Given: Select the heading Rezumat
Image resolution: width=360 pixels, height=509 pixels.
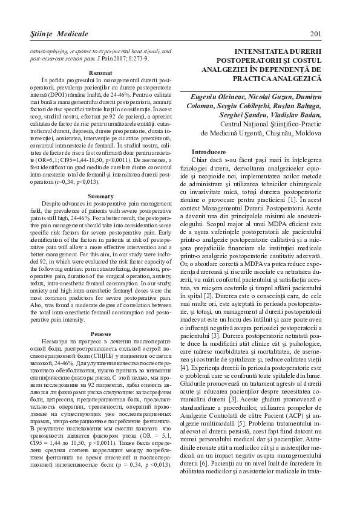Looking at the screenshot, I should tap(99, 72).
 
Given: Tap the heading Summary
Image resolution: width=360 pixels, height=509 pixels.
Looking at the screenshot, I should tap(99, 197).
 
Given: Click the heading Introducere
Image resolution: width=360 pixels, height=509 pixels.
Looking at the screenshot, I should tap(209, 151).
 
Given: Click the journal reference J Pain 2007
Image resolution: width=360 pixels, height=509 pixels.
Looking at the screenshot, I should tap(123, 60).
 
